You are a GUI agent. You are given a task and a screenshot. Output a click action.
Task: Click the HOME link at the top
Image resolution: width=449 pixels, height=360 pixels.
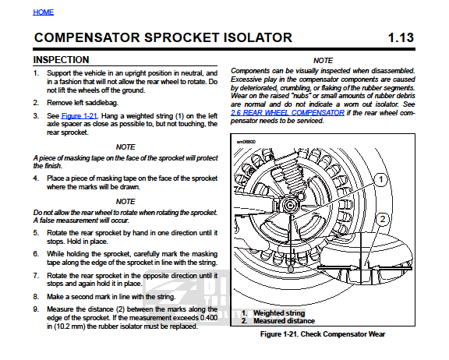click(x=43, y=12)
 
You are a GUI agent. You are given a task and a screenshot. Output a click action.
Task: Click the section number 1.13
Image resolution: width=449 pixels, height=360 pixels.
click(x=401, y=37)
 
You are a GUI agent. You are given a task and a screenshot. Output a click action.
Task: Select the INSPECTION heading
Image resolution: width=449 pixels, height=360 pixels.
click(x=61, y=60)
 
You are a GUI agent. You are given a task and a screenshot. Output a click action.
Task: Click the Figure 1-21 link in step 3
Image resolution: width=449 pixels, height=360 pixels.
click(x=80, y=116)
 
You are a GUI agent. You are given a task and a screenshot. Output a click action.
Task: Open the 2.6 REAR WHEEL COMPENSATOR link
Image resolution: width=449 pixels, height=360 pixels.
click(x=288, y=112)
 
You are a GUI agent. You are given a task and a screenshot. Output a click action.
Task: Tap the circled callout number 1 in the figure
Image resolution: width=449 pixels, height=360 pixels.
click(x=380, y=180)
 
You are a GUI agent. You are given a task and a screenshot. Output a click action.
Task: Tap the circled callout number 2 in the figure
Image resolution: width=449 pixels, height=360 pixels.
click(x=382, y=219)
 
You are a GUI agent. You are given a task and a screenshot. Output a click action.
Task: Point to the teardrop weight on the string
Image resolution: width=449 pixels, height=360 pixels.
click(x=291, y=269)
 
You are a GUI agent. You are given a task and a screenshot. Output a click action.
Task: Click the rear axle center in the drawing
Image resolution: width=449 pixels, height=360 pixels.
click(x=290, y=205)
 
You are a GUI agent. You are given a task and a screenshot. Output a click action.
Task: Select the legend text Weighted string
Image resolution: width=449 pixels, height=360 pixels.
click(x=279, y=312)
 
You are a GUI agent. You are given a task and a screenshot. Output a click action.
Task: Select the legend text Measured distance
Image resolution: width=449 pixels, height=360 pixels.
click(x=284, y=321)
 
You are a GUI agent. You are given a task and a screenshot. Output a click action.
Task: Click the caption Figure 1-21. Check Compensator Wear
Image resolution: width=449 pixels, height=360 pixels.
click(x=323, y=334)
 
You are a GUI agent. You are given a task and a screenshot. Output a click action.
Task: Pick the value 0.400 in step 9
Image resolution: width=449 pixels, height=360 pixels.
click(x=209, y=318)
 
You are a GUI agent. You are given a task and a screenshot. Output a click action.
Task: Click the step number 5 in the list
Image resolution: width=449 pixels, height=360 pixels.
click(x=36, y=233)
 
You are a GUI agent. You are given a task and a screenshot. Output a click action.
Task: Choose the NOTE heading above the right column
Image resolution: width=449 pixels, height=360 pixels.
click(x=323, y=61)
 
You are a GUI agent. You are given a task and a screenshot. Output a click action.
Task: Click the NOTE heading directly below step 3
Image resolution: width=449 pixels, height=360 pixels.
click(x=126, y=147)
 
